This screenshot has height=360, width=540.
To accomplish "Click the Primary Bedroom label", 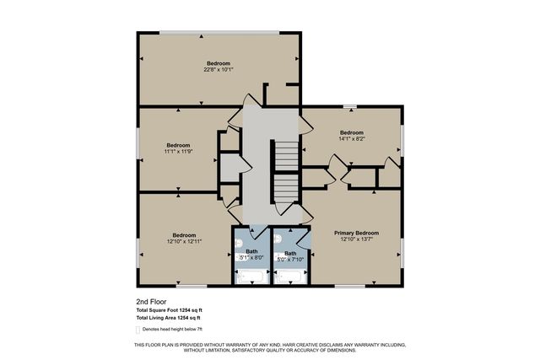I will [356, 233].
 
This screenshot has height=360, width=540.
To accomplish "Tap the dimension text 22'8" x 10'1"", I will [218, 70].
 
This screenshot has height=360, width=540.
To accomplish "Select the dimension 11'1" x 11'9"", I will [178, 152].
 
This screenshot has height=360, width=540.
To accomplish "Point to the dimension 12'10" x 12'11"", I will [184, 242].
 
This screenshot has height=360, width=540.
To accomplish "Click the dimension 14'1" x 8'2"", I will [351, 140].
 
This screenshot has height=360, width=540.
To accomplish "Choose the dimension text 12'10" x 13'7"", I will [356, 240].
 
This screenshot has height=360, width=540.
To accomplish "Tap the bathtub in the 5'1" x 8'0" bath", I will [251, 276].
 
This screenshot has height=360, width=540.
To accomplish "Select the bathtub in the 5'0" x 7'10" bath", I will [291, 276].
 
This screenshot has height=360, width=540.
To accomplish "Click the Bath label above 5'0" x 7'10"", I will [290, 254].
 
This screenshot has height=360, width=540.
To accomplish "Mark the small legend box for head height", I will [139, 330].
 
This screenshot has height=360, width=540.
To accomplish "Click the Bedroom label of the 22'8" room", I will [219, 63].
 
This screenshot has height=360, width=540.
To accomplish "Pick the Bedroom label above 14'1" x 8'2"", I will [351, 132].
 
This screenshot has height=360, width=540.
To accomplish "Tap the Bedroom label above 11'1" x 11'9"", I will [178, 145].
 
